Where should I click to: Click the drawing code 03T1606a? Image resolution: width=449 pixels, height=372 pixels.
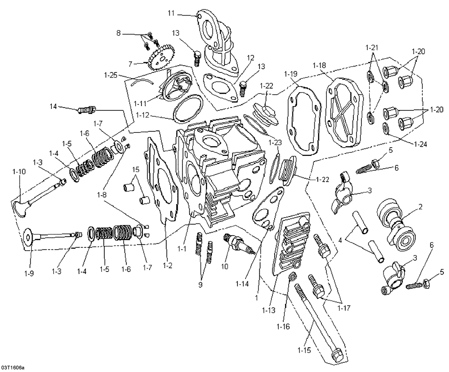point(13,368)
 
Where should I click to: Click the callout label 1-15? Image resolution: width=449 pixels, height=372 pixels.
point(304,350)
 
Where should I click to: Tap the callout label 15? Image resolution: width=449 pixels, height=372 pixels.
point(136,169)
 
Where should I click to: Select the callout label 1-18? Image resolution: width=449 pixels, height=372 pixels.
point(320,65)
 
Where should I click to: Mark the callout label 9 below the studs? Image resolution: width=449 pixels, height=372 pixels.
point(200,284)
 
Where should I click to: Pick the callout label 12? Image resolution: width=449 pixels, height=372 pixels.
point(250,57)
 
